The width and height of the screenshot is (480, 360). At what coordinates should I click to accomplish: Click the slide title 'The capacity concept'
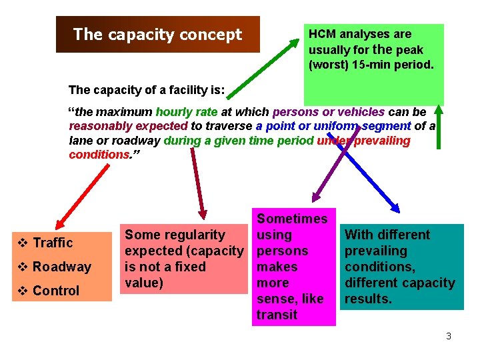(157, 35)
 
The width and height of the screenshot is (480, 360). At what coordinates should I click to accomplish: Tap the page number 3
(449, 336)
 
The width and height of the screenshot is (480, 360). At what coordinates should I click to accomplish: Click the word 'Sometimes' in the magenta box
(292, 219)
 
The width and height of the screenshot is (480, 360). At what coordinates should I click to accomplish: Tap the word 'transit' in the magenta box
(277, 315)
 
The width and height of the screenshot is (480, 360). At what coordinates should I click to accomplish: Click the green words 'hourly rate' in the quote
(183, 112)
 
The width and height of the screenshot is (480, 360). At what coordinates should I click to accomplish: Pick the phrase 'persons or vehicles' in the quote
(329, 112)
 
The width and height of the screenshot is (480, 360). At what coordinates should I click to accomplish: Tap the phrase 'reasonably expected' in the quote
(129, 126)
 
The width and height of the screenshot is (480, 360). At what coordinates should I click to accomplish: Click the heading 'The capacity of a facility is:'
(147, 89)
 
